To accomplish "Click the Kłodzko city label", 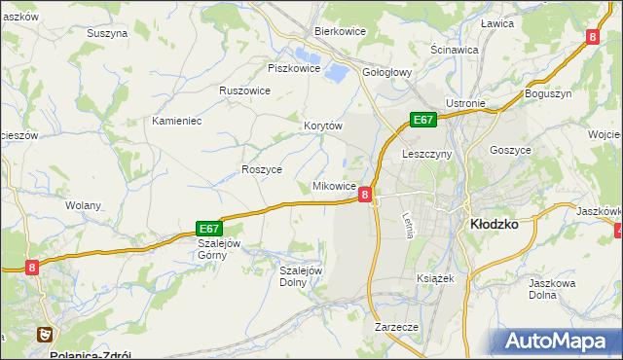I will pyautogui.click(x=494, y=223).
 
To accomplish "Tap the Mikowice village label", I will pyautogui.click(x=333, y=186).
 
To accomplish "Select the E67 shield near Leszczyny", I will pyautogui.click(x=422, y=120).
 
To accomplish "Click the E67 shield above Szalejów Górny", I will pyautogui.click(x=211, y=227).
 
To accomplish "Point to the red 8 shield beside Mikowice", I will pyautogui.click(x=364, y=195).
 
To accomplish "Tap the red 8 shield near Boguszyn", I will pyautogui.click(x=592, y=37).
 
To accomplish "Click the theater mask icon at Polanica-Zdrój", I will pyautogui.click(x=44, y=334).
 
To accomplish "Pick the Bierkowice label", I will pyautogui.click(x=339, y=31).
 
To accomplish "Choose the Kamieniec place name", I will pyautogui.click(x=176, y=121).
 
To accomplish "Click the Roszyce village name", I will pyautogui.click(x=261, y=169).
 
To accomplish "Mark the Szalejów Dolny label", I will pyautogui.click(x=301, y=276).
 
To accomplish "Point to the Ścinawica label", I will pyautogui.click(x=454, y=49).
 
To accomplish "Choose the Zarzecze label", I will pyautogui.click(x=395, y=328).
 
